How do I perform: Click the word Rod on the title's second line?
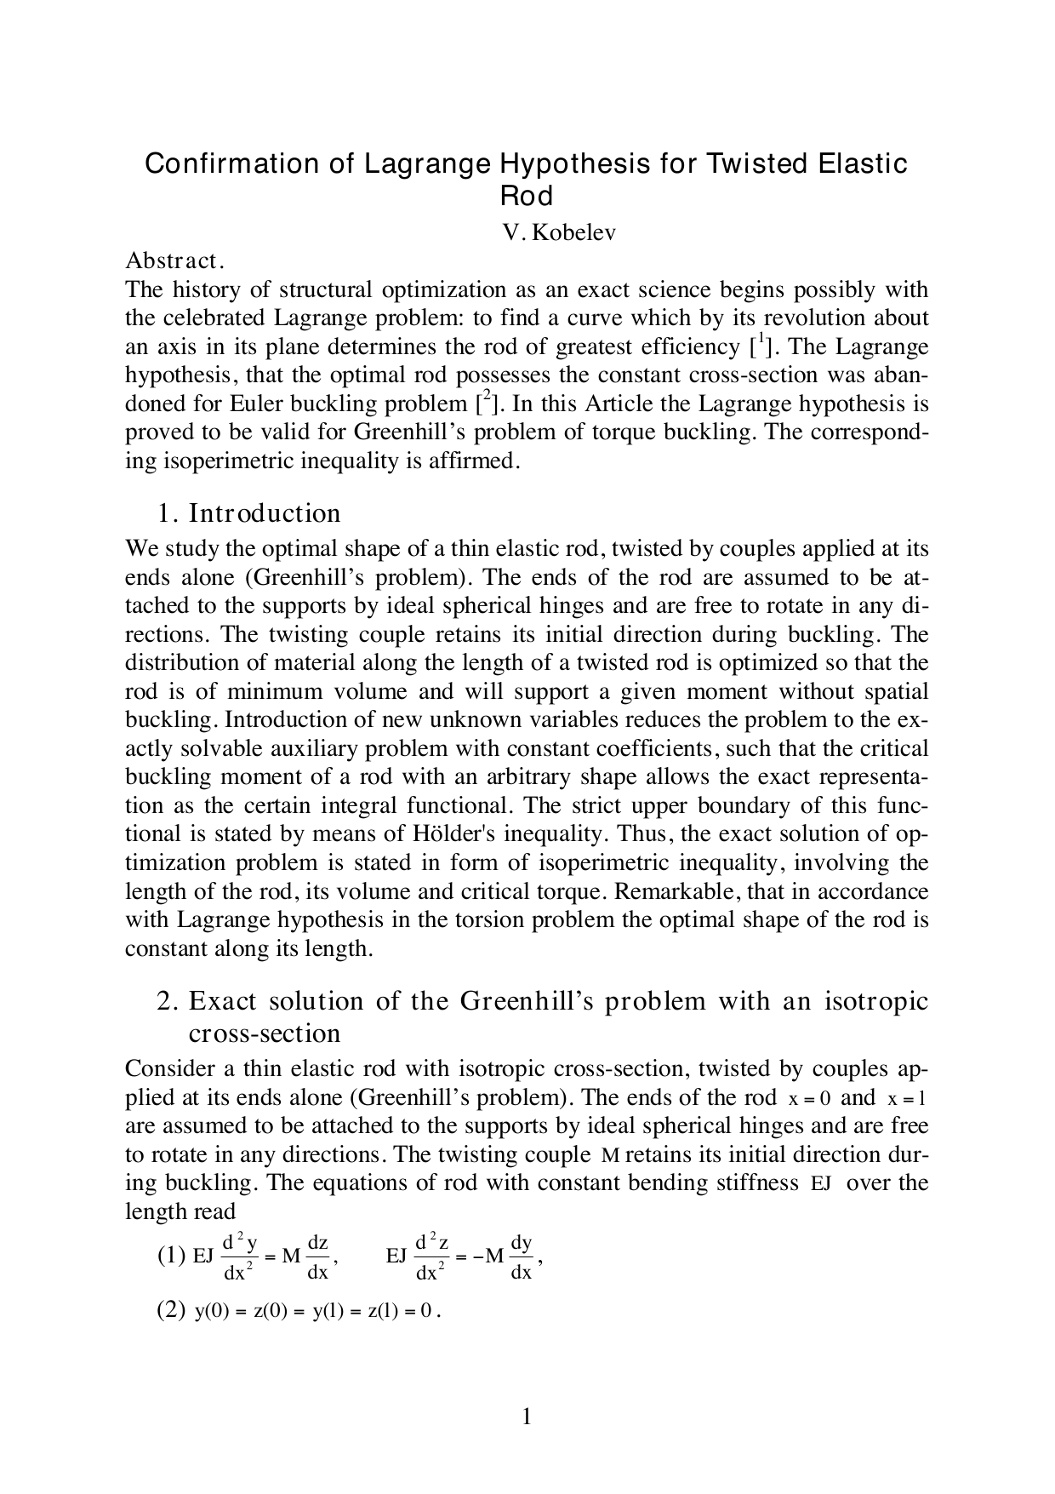(526, 196)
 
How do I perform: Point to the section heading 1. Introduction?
(248, 513)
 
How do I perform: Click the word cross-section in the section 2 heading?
(264, 1033)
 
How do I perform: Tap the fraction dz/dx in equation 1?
(317, 1256)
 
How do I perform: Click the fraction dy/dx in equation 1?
(521, 1256)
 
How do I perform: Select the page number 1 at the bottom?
(527, 1417)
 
